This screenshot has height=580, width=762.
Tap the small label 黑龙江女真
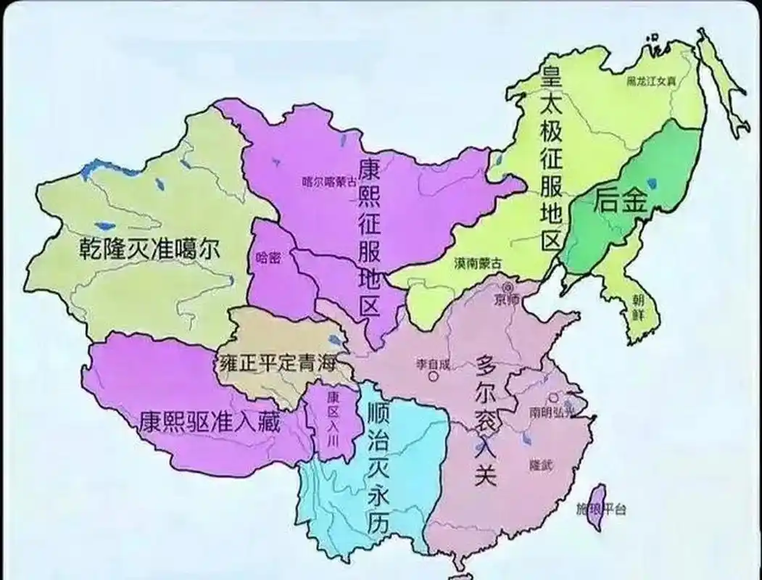tap(651, 82)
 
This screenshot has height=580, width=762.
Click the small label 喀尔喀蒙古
tap(328, 183)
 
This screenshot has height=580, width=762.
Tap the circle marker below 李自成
tap(434, 376)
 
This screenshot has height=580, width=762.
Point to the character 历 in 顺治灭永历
tap(375, 523)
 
